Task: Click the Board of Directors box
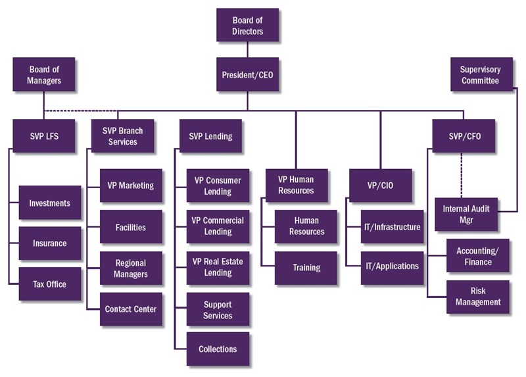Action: click(248, 26)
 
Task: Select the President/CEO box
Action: click(248, 75)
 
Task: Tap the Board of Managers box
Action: click(45, 74)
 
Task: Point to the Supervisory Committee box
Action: click(480, 74)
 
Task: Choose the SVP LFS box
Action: click(45, 136)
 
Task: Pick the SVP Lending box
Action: click(210, 136)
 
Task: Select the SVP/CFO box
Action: click(464, 136)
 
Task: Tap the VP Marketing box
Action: click(131, 186)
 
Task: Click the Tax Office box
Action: click(50, 284)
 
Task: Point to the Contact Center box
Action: click(131, 309)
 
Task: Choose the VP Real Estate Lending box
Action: click(218, 267)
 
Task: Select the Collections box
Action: click(218, 349)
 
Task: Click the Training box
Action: click(306, 268)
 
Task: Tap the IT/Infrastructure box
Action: click(393, 227)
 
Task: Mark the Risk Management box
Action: click(478, 297)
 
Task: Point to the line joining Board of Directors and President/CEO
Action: click(248, 50)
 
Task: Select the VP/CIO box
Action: click(381, 186)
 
